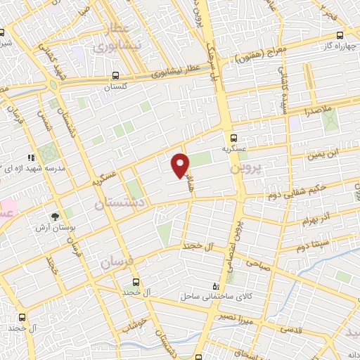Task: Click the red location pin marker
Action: (x=181, y=165)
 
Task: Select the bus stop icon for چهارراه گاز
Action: (x=340, y=35)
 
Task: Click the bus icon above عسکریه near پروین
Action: (x=234, y=139)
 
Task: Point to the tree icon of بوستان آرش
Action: (x=55, y=216)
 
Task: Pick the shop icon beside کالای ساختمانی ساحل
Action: (x=215, y=287)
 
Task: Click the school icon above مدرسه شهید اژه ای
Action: (x=31, y=157)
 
